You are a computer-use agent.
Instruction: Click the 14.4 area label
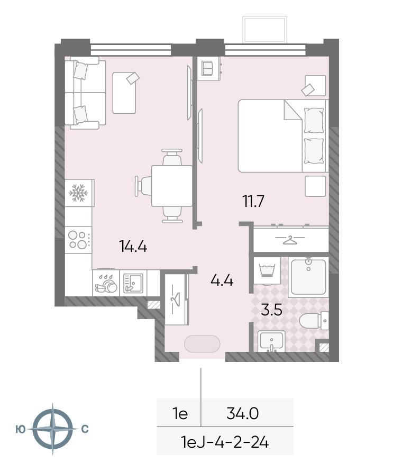click(x=133, y=246)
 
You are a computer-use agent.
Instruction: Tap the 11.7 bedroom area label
click(x=253, y=201)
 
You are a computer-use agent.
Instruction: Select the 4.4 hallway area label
click(x=222, y=280)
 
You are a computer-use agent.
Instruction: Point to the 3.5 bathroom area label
click(x=272, y=310)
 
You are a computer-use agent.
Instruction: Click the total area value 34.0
click(x=243, y=414)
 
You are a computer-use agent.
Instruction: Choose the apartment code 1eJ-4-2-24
click(x=225, y=442)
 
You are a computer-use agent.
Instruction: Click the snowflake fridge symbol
click(x=78, y=193)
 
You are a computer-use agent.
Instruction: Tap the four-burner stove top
click(x=79, y=240)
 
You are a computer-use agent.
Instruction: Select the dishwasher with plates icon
click(x=106, y=283)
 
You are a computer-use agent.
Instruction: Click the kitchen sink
click(x=133, y=283)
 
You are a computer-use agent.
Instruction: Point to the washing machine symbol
click(x=267, y=270)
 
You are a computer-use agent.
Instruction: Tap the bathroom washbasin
click(x=271, y=341)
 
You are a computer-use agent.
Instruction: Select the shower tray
click(x=308, y=276)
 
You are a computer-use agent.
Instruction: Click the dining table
click(x=172, y=186)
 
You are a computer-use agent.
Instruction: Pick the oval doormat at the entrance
click(x=202, y=343)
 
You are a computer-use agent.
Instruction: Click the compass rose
click(x=52, y=429)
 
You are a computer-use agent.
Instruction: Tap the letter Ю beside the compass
click(x=21, y=429)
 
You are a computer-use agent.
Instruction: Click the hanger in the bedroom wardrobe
click(x=290, y=240)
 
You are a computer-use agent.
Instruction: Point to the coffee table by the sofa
click(x=124, y=93)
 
